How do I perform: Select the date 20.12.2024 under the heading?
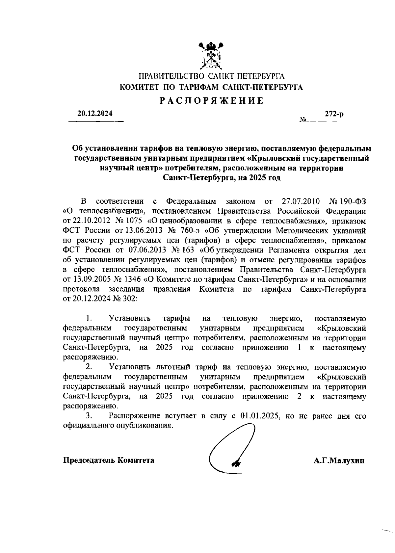coord(95,114)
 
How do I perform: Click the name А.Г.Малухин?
coord(339,461)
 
